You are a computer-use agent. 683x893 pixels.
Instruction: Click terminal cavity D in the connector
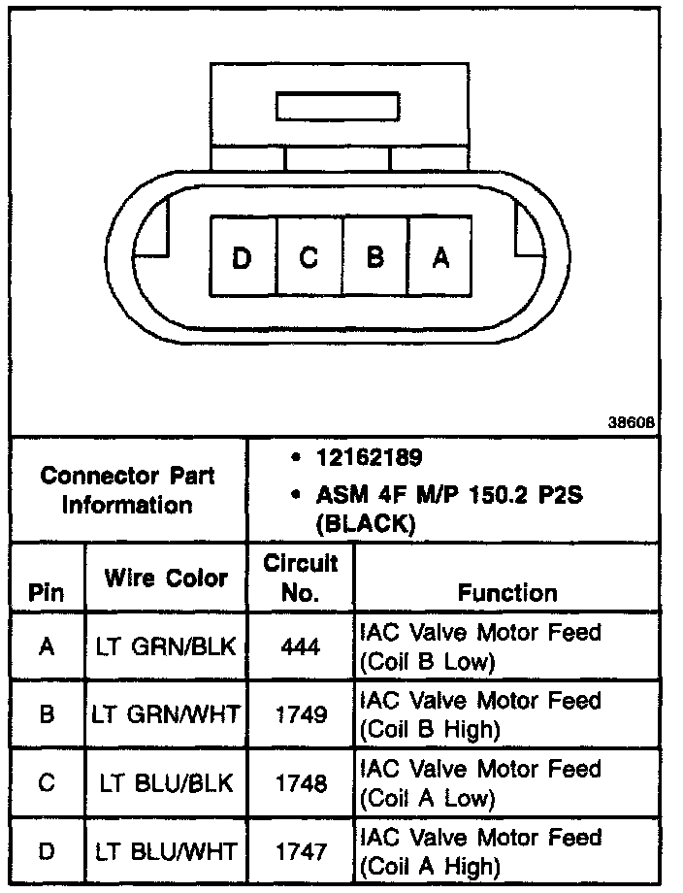coord(243,257)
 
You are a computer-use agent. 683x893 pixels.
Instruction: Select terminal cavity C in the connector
coord(309,257)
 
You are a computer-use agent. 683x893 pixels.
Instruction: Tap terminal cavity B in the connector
coord(375,257)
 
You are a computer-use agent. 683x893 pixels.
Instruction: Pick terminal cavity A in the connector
coord(440,257)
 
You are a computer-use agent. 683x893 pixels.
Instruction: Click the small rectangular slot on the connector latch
coord(338,106)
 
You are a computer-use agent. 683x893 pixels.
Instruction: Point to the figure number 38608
coord(632,423)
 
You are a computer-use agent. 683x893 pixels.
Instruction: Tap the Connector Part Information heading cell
coord(128,490)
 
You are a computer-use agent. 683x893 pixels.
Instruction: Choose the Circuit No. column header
coord(301,578)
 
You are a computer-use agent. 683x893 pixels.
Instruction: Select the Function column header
coord(507,592)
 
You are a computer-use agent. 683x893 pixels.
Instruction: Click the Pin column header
coord(46,593)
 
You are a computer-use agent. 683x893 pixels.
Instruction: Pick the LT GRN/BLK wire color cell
coord(165,645)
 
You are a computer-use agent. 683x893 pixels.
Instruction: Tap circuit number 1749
coord(301,714)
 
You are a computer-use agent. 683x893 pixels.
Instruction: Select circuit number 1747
coord(301,852)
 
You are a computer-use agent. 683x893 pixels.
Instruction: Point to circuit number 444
coord(301,645)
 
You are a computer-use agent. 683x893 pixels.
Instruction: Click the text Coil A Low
coord(427,800)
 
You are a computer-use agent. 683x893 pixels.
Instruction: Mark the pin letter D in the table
coord(47,852)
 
